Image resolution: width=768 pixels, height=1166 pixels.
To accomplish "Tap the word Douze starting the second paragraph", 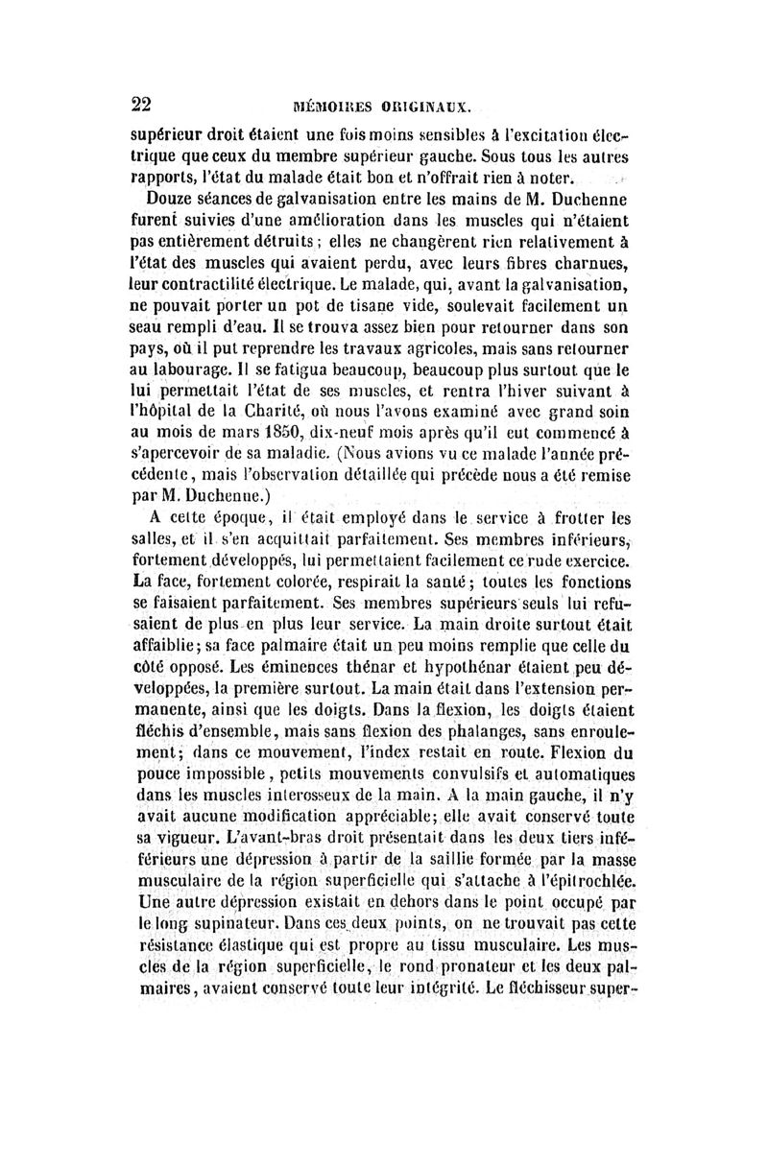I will [169, 200].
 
